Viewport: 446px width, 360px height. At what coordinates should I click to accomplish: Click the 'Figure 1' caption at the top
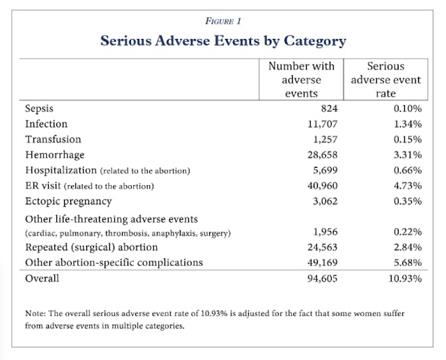pos(223,20)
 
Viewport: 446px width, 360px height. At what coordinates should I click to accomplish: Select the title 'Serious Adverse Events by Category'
pos(223,40)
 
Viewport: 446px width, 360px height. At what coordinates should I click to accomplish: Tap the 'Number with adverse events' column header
pos(301,80)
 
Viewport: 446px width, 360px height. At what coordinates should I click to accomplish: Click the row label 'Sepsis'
pos(39,109)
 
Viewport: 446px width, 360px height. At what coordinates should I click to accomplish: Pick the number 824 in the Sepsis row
pos(325,109)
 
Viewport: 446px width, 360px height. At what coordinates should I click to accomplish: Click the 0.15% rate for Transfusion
pos(406,139)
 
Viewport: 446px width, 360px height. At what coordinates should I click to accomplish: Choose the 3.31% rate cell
pos(406,155)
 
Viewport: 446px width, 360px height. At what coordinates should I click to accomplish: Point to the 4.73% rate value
pos(406,186)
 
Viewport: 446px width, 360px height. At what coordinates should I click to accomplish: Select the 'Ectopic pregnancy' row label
pos(68,201)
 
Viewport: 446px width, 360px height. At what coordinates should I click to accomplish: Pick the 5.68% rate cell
pos(406,263)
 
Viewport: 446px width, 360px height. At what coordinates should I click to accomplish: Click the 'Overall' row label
pos(42,279)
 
